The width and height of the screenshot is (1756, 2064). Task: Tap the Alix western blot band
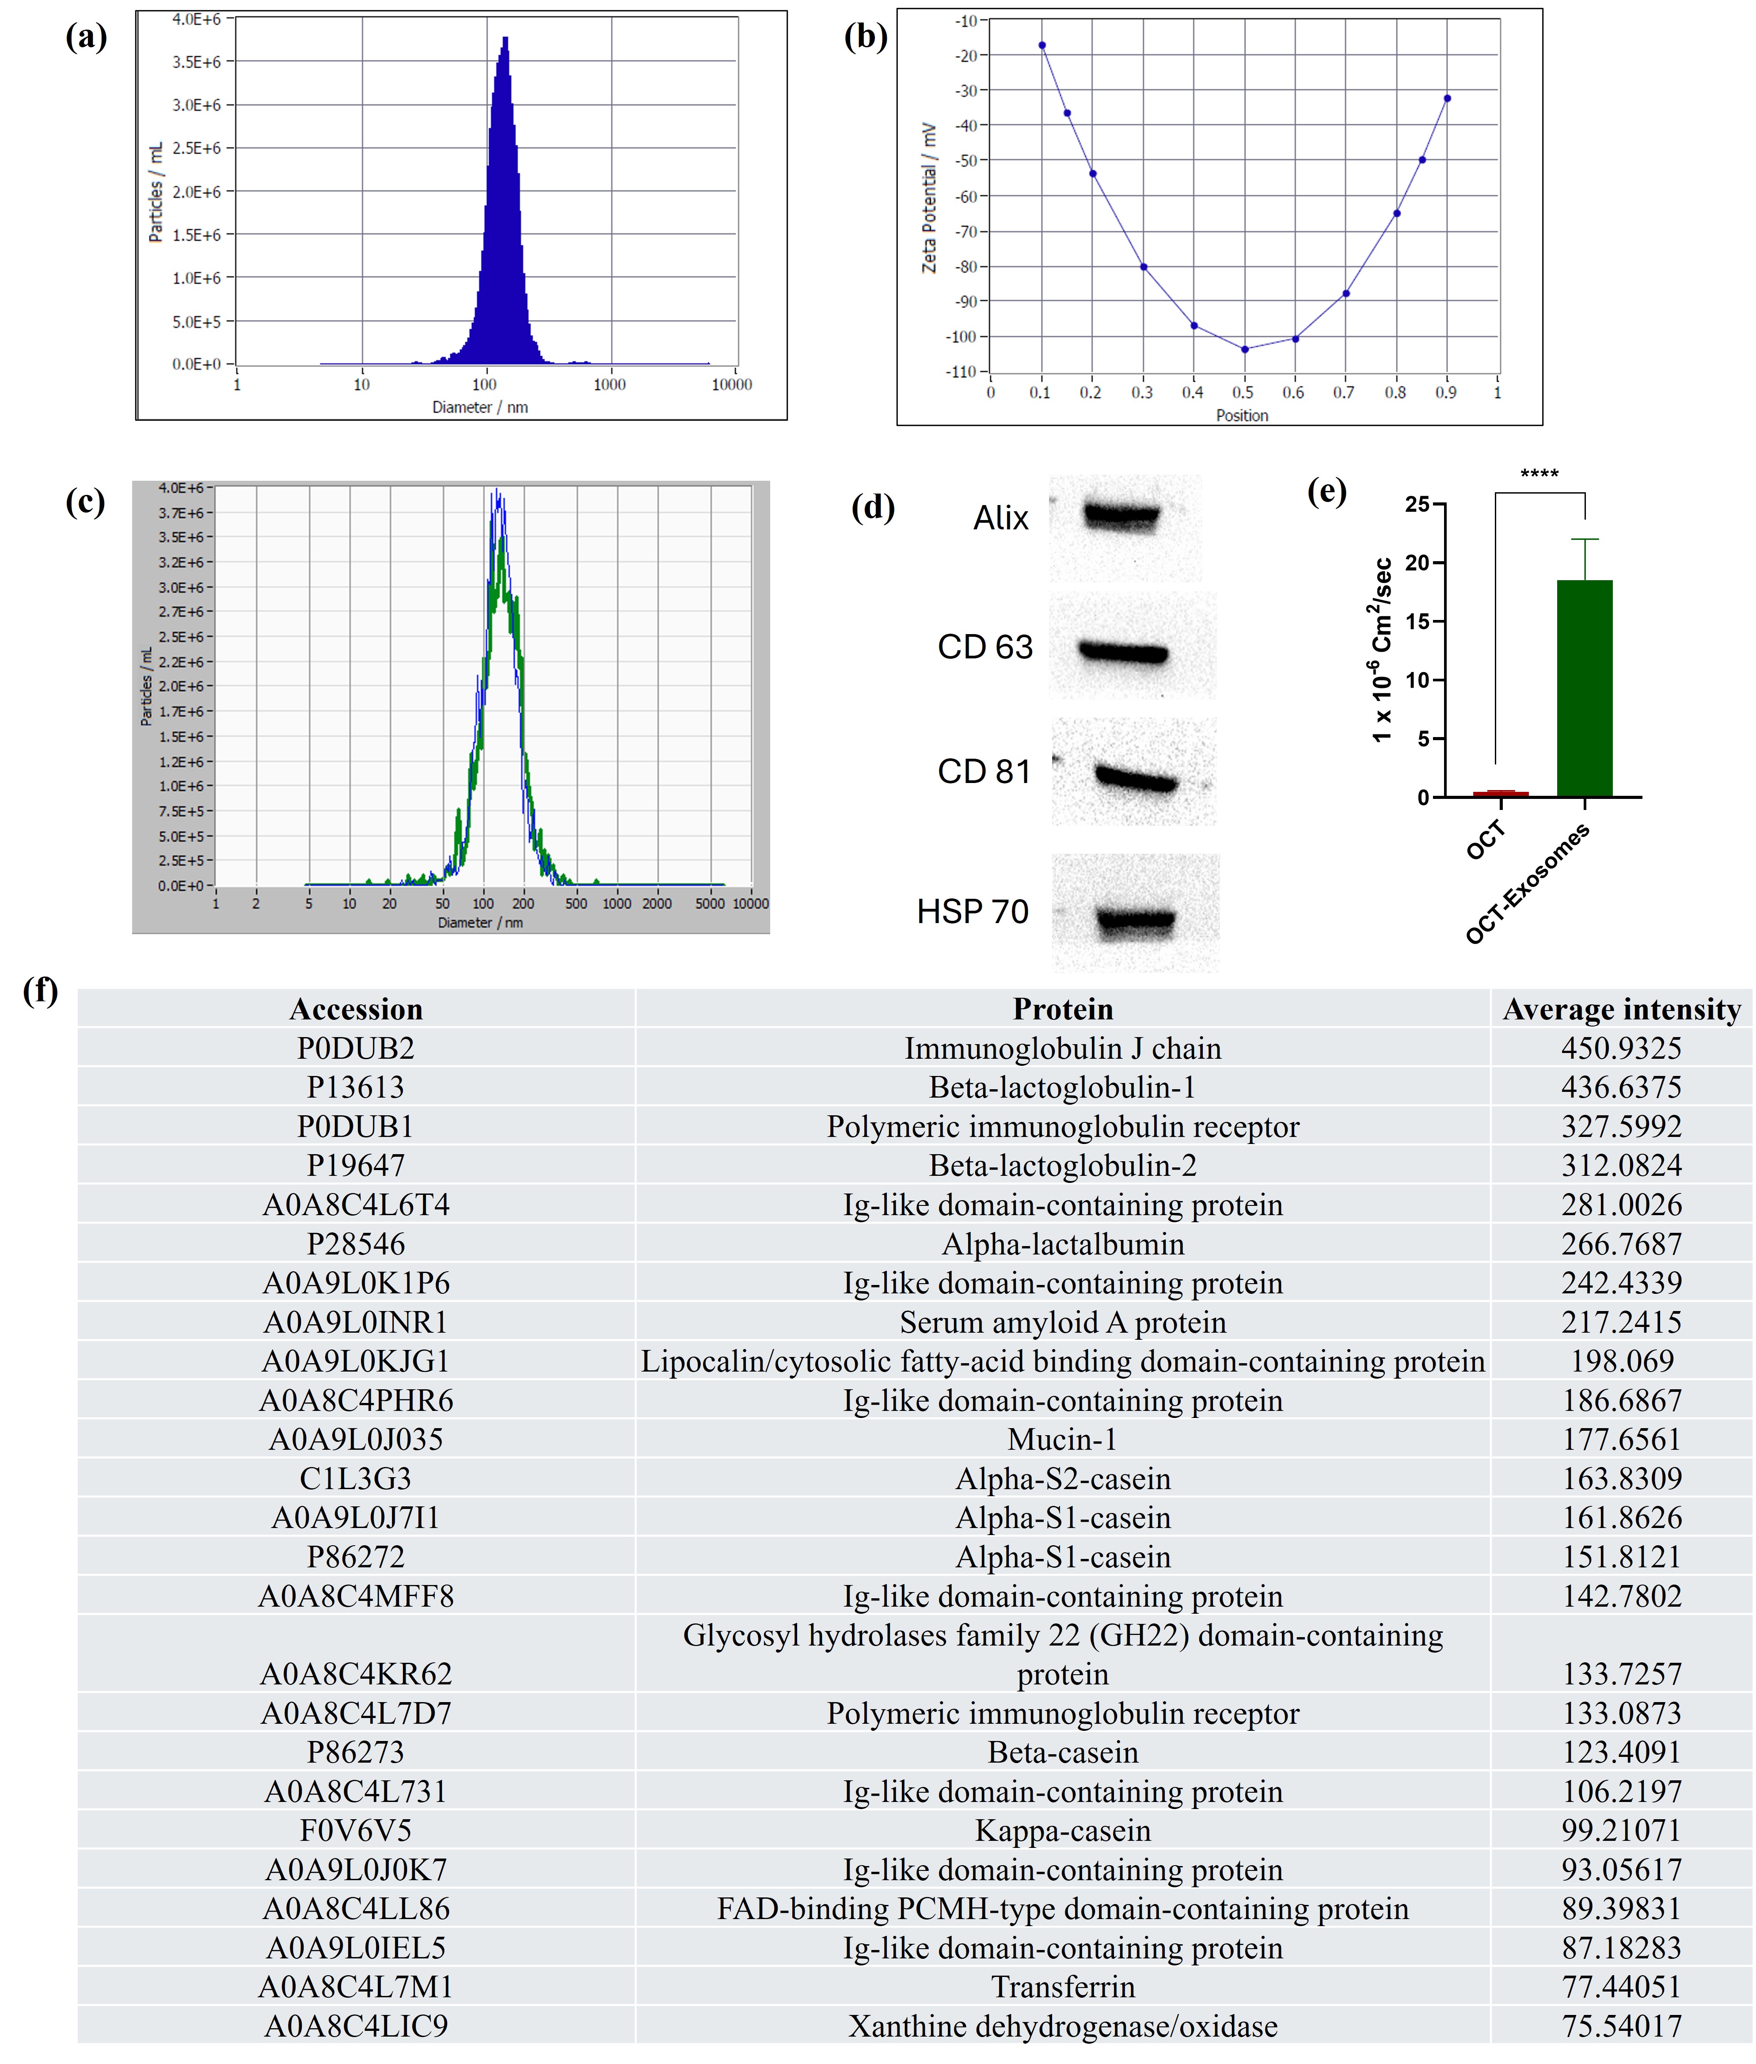pyautogui.click(x=1122, y=516)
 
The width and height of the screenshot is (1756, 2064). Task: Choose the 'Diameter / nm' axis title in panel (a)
pyautogui.click(x=480, y=407)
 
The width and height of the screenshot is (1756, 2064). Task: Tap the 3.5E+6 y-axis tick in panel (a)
pyautogui.click(x=196, y=62)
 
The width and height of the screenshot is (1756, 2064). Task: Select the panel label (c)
pyautogui.click(x=86, y=502)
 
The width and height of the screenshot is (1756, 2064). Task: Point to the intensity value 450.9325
pyautogui.click(x=1622, y=1049)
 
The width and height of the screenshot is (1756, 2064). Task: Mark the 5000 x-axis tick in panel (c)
pyautogui.click(x=710, y=903)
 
